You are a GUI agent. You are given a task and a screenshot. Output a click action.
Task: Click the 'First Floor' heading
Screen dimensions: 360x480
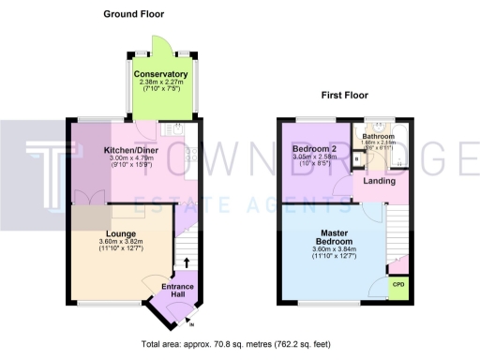(x=344, y=95)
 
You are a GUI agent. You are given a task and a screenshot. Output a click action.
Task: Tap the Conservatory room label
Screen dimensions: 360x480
(x=161, y=74)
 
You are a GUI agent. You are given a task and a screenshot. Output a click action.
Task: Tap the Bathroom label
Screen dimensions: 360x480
(x=379, y=136)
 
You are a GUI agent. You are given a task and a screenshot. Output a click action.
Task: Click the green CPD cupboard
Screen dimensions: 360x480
(x=398, y=284)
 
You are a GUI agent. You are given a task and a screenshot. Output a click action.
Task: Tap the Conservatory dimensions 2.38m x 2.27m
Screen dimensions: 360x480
(x=161, y=84)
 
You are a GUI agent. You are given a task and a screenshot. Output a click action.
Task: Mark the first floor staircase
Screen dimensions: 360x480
(x=397, y=230)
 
